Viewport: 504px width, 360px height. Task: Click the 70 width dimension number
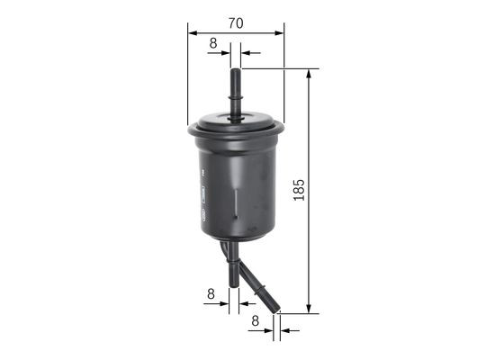pyautogui.click(x=236, y=22)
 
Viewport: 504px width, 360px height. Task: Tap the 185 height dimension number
pyautogui.click(x=300, y=190)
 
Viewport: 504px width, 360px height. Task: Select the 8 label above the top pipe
pyautogui.click(x=213, y=42)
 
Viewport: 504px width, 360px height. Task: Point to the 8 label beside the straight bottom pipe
pyautogui.click(x=211, y=292)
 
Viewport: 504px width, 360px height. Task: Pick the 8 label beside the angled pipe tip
pyautogui.click(x=256, y=319)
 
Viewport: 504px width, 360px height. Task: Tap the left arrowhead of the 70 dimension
pyautogui.click(x=192, y=32)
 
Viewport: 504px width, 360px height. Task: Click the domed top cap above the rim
pyautogui.click(x=236, y=118)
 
